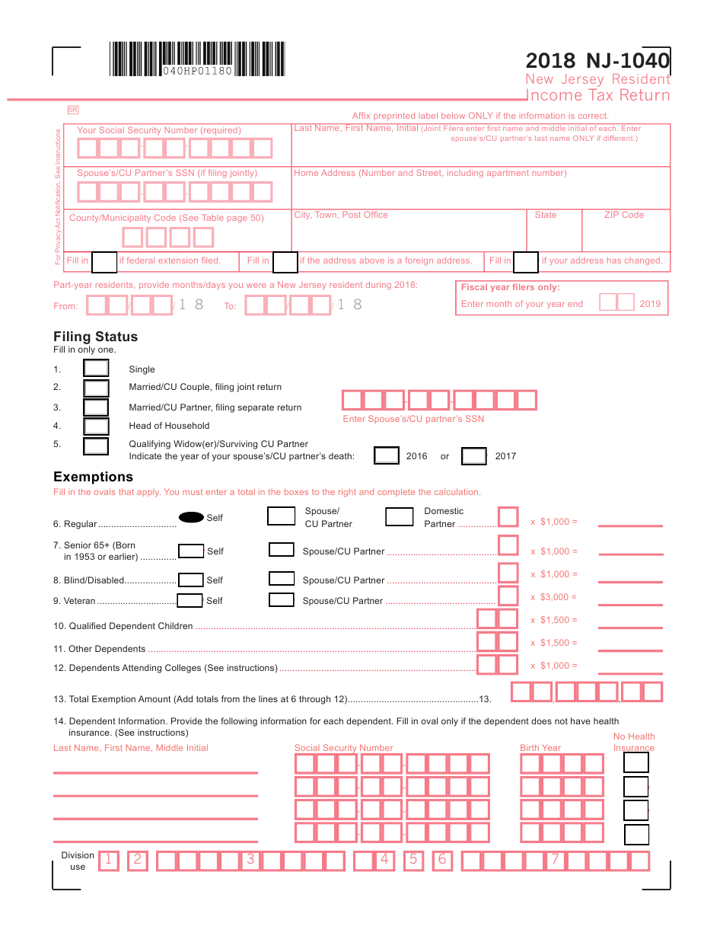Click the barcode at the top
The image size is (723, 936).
click(198, 59)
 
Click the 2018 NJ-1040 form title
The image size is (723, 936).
click(597, 61)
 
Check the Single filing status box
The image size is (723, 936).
click(96, 369)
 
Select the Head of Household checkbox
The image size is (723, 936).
click(96, 426)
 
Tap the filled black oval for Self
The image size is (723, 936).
click(191, 517)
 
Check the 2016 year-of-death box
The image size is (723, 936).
click(387, 456)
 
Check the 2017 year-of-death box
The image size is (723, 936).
click(474, 456)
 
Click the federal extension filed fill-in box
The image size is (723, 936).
click(104, 261)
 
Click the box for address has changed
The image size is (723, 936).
click(526, 261)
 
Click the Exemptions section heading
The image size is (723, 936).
click(93, 477)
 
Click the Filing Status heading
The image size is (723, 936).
click(95, 337)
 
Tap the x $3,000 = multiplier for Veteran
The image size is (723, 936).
click(554, 597)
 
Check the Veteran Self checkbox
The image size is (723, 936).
click(190, 601)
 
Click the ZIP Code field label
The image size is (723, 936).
click(624, 215)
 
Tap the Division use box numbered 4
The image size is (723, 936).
click(384, 861)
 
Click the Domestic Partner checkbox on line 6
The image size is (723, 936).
click(399, 517)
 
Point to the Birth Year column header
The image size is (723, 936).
click(540, 748)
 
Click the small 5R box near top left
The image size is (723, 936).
click(73, 110)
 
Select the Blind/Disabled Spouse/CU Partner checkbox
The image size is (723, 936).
click(282, 580)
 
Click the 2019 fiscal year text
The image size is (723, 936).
click(650, 304)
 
